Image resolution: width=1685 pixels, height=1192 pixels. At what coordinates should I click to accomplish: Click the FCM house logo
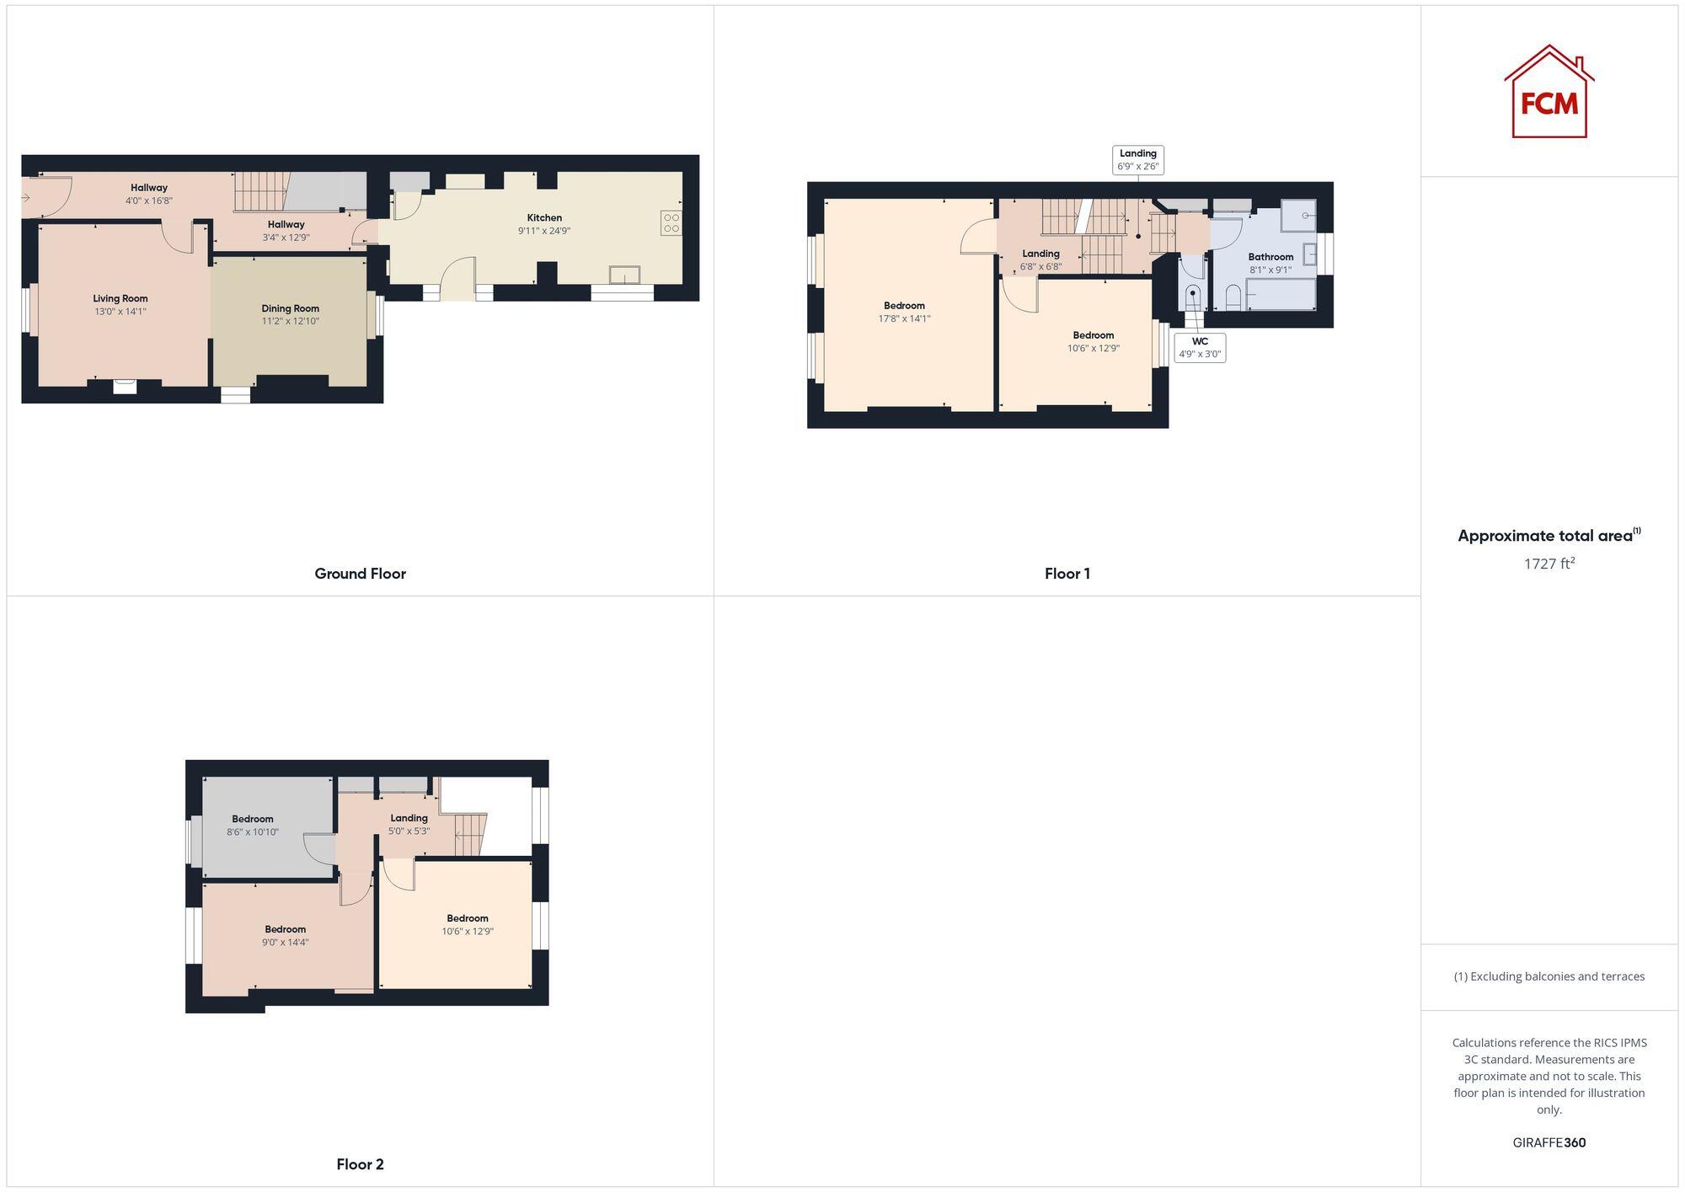pos(1549,92)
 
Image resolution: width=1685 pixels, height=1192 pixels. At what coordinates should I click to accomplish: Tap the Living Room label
pos(120,298)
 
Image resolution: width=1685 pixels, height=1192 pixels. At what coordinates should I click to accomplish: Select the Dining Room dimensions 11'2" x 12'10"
pos(290,321)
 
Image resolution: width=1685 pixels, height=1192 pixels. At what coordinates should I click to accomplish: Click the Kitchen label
pos(544,217)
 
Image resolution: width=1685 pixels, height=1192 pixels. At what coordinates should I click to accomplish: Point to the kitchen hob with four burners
pos(671,223)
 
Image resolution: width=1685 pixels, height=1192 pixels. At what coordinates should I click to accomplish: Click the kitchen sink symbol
pos(624,275)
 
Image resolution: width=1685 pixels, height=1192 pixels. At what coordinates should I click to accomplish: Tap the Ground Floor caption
pos(360,574)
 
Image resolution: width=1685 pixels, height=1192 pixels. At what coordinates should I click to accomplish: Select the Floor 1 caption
pos(1067,574)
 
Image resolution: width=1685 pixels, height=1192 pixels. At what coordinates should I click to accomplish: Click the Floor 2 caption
pos(360,1164)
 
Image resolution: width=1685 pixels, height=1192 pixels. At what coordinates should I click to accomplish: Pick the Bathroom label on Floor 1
pos(1270,257)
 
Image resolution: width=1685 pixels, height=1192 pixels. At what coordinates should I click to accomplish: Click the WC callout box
pos(1200,348)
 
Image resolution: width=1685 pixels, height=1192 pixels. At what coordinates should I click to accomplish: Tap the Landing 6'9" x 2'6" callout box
pos(1137,160)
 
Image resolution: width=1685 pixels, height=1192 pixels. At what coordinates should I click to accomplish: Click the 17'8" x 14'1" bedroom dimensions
pos(904,318)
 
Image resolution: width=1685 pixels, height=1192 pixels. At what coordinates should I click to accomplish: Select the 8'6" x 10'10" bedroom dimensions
pos(252,832)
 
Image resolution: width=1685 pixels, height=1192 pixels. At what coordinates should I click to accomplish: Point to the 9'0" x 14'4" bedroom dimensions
pos(285,943)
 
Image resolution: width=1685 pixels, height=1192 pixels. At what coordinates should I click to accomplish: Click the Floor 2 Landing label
pos(409,818)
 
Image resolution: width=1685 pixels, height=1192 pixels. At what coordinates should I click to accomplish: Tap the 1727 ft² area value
pos(1549,564)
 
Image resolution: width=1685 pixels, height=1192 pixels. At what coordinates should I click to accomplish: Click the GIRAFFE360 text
pos(1549,1143)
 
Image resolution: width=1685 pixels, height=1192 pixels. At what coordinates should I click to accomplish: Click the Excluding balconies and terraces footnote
pos(1549,976)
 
